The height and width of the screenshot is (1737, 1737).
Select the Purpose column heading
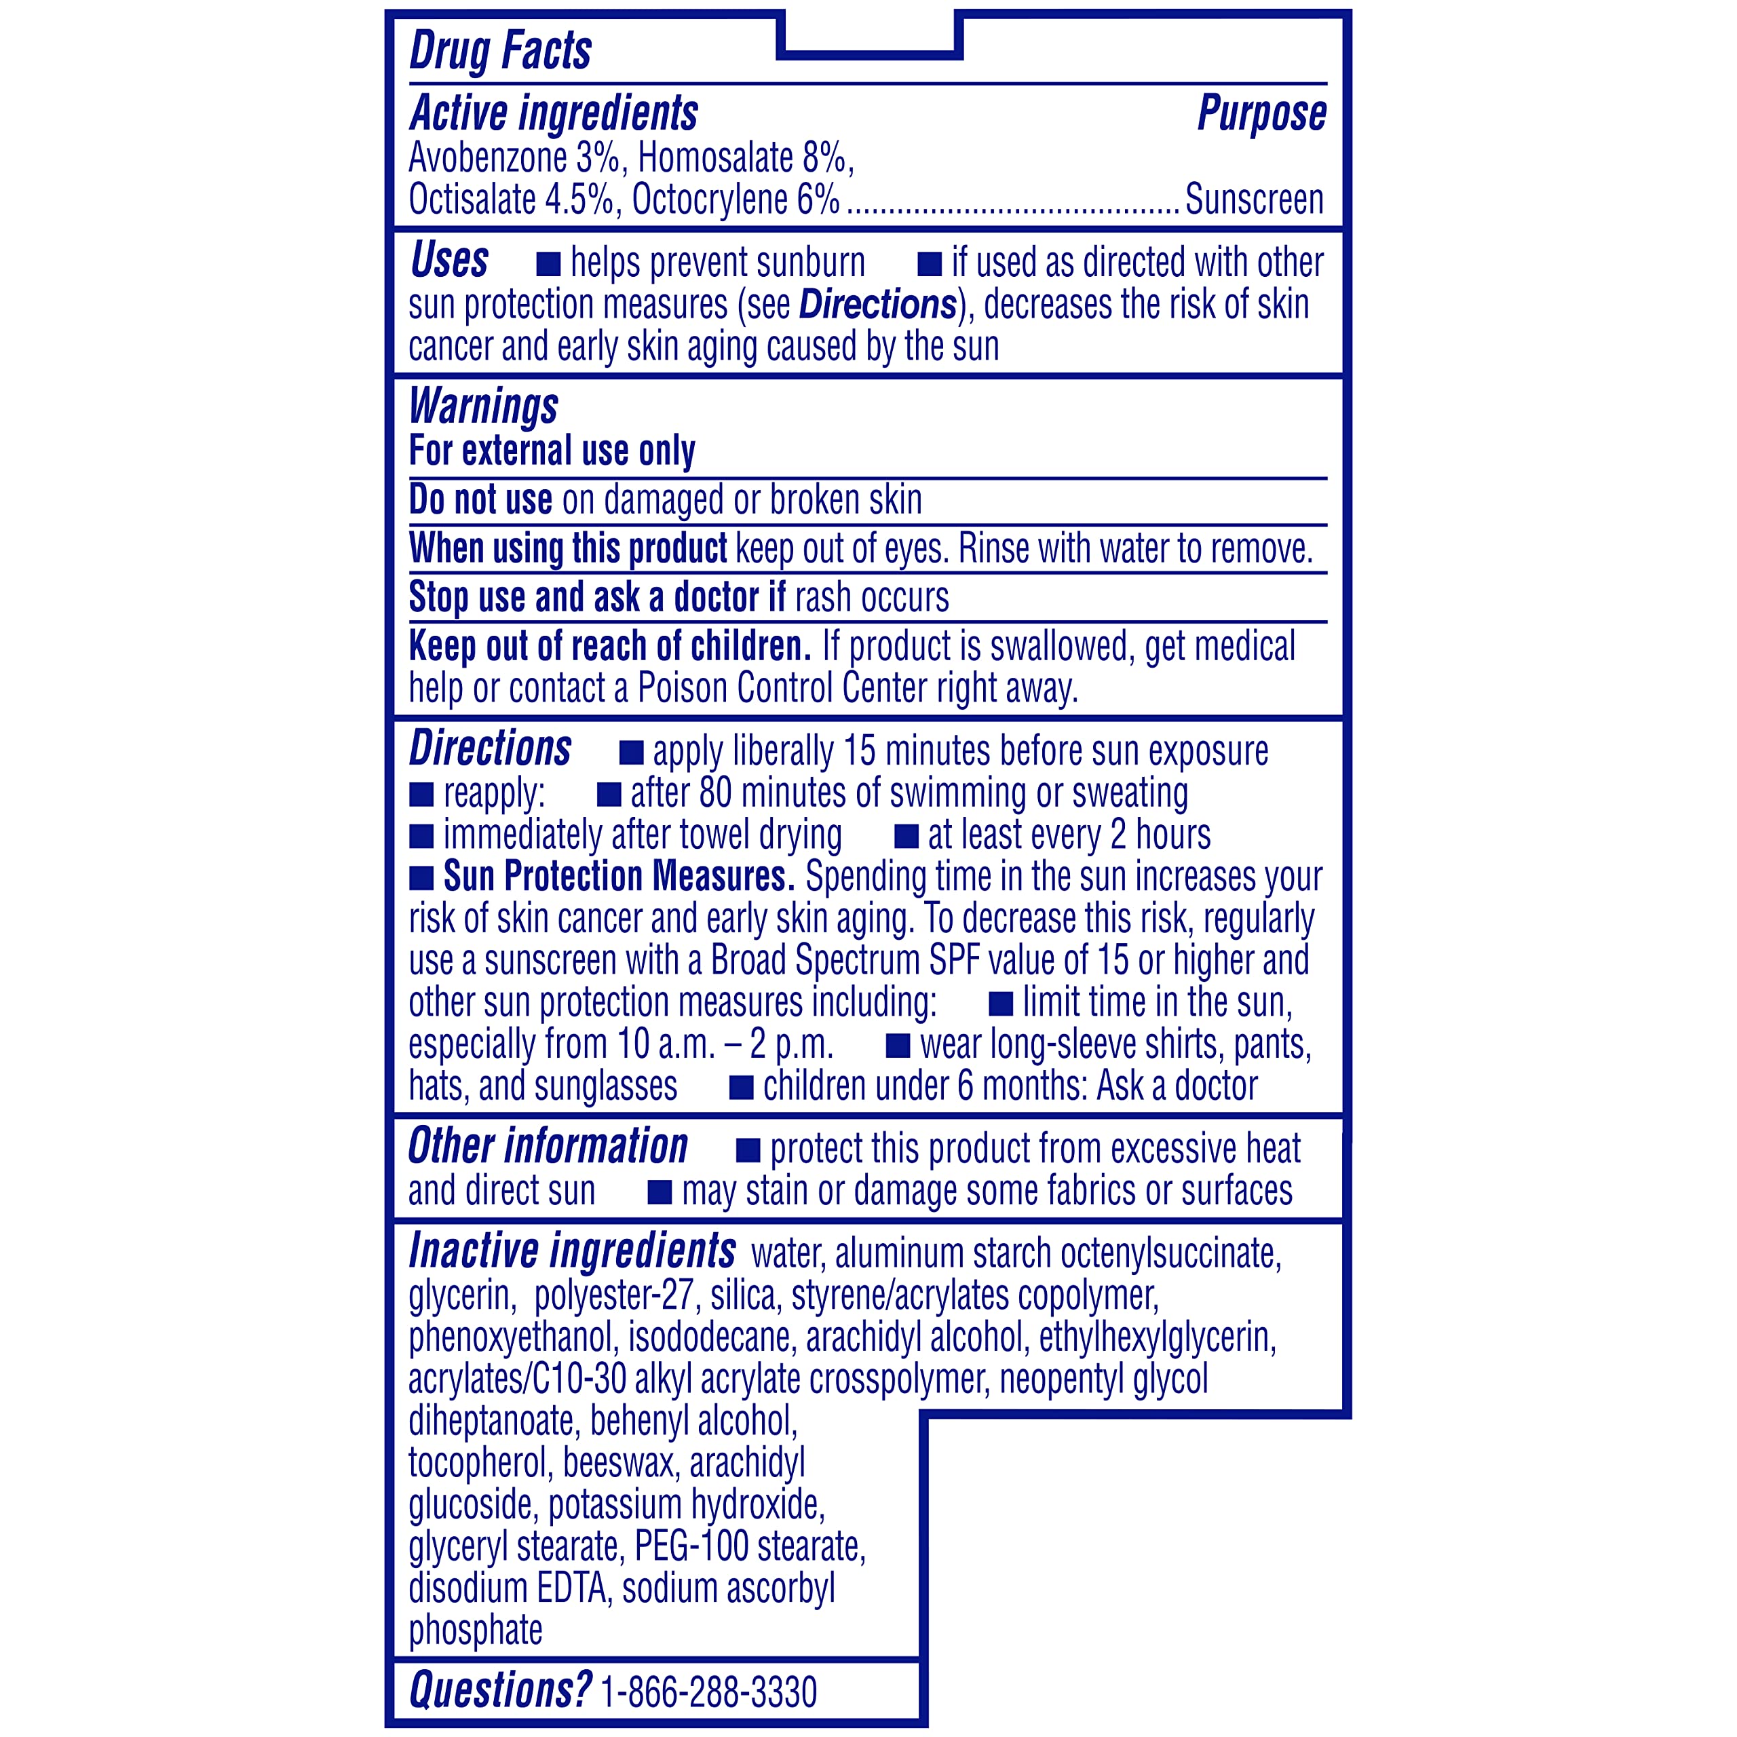[1261, 114]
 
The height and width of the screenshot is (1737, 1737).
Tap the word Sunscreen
[1254, 199]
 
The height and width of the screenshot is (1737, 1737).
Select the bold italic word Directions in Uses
[877, 305]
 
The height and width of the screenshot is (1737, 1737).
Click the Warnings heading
[483, 406]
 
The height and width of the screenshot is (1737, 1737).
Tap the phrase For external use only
[552, 451]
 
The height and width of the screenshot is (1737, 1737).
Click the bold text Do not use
[480, 500]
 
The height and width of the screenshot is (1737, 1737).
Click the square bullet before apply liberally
[631, 752]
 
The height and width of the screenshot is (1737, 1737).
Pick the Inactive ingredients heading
[572, 1251]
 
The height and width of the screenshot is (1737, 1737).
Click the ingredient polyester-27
[613, 1295]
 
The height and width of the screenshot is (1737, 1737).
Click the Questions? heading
[500, 1690]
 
